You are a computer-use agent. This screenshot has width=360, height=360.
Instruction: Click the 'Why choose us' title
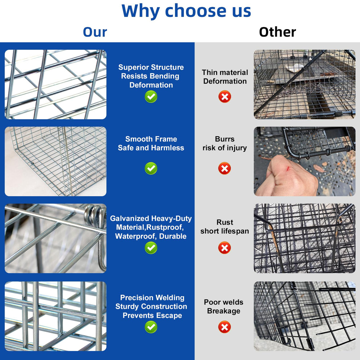[186, 11]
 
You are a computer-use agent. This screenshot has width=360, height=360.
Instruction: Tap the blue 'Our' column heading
[95, 32]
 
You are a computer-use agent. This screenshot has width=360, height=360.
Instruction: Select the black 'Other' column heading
[277, 32]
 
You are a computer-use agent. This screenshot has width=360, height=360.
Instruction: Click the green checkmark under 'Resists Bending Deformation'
[151, 96]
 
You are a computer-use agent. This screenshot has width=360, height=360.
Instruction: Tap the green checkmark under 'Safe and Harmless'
[151, 168]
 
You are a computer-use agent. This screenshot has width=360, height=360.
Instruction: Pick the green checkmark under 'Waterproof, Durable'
[151, 248]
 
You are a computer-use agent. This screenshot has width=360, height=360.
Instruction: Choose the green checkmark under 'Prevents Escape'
[151, 327]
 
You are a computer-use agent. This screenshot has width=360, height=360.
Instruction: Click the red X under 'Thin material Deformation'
[225, 96]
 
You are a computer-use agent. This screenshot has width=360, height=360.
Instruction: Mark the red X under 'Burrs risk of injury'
[224, 168]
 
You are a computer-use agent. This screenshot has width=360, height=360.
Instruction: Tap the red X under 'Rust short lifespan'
[224, 248]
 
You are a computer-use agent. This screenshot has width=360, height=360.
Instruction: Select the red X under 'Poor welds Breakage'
[224, 327]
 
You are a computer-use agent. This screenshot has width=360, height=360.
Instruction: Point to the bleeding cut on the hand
[287, 169]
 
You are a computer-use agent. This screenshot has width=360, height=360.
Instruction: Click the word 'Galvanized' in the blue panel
[130, 219]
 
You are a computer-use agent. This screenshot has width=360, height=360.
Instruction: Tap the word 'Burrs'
[225, 139]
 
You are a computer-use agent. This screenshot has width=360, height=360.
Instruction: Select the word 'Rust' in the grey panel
[225, 222]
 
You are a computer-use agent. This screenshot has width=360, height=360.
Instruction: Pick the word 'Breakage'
[224, 311]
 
